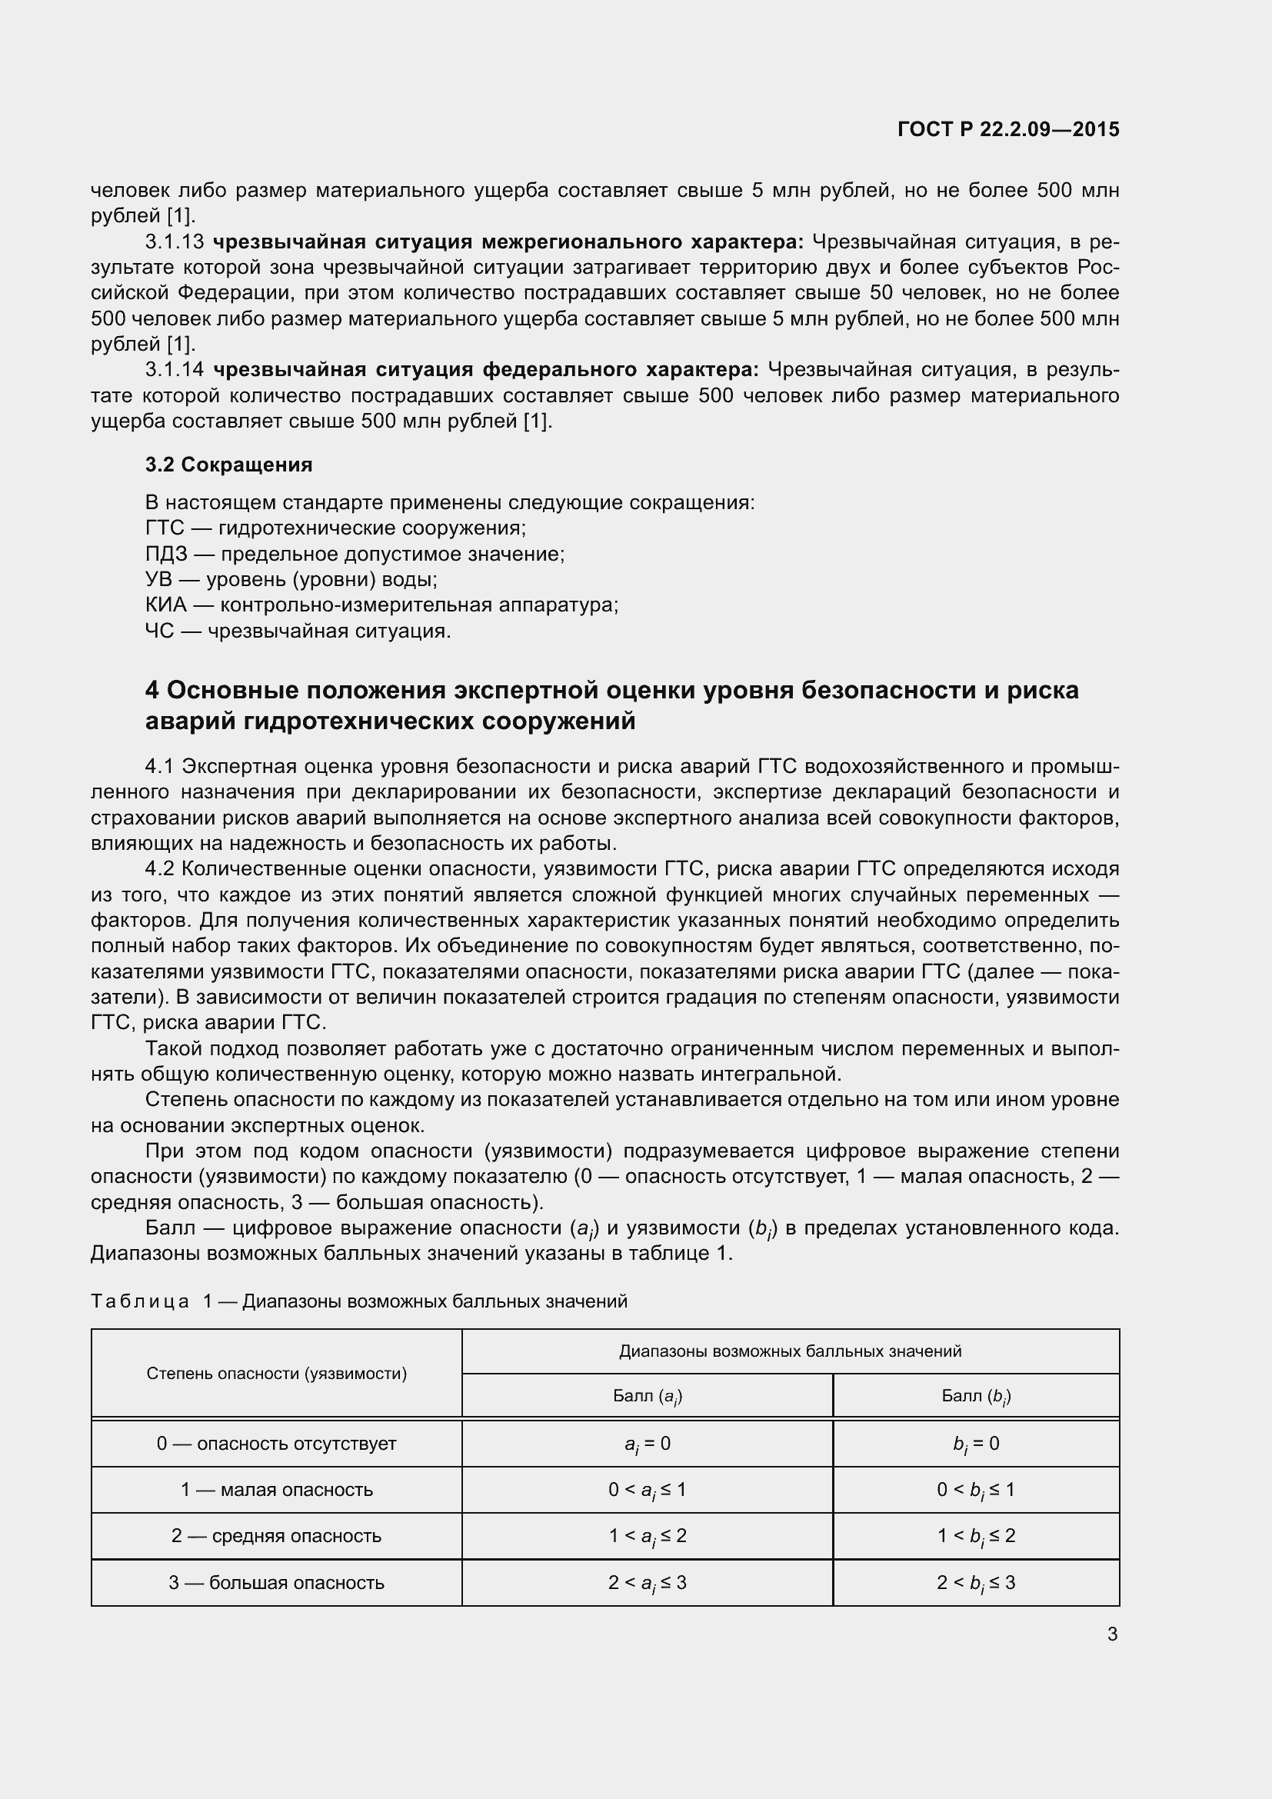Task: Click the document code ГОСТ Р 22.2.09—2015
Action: tap(1008, 129)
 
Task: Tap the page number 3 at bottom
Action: tap(1112, 1634)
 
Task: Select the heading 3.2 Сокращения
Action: tap(228, 465)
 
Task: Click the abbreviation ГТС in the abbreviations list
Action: tap(164, 528)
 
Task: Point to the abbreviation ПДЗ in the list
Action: tap(166, 554)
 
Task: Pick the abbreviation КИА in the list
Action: tap(165, 605)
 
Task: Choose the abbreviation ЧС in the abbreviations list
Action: tap(159, 631)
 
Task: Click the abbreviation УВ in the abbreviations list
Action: tap(158, 580)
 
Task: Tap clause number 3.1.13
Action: tap(174, 242)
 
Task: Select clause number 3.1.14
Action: tap(174, 370)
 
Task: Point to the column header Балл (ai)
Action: tap(647, 1396)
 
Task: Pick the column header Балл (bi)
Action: tap(976, 1396)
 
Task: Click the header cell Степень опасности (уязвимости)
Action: tap(277, 1374)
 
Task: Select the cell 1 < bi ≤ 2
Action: tap(976, 1537)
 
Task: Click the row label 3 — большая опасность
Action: tap(277, 1583)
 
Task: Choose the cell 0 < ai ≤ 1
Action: tap(647, 1491)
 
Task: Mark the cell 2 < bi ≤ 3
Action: tap(976, 1583)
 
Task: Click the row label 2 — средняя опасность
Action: tap(277, 1536)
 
